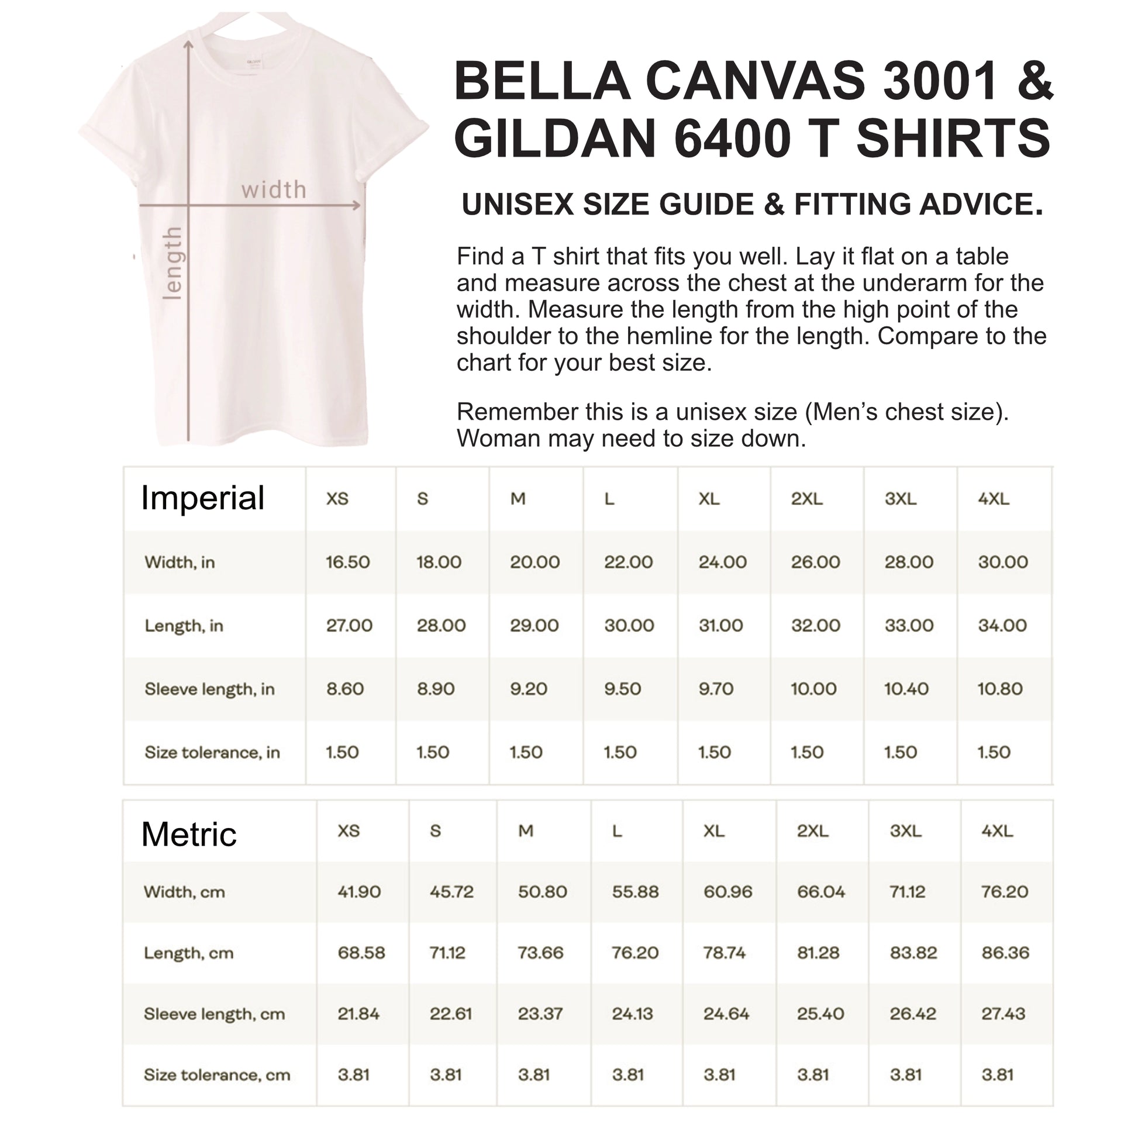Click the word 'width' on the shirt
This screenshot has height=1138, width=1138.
coord(274,189)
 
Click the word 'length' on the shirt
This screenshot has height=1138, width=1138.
coord(172,263)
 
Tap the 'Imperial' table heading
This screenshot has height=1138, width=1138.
coord(202,498)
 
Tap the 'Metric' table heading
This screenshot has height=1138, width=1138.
coord(188,834)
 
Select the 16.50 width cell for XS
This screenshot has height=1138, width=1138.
coord(347,562)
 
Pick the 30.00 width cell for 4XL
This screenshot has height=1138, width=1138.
coord(1002,562)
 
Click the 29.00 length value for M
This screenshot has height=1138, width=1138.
coord(534,625)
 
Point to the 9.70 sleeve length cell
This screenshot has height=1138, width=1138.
coord(716,688)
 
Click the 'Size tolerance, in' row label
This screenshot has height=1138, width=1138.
coord(212,752)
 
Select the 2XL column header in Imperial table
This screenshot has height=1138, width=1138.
coord(806,499)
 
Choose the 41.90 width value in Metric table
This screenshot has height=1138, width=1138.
coord(359,891)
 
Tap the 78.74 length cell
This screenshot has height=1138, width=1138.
coord(725,953)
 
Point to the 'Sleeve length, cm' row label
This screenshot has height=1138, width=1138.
coord(214,1013)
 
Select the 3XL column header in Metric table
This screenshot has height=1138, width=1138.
coord(905,830)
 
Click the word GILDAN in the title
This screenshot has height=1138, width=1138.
coord(555,139)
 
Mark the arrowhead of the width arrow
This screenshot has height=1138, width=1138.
coord(356,206)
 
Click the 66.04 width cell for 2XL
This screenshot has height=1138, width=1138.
coord(821,891)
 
